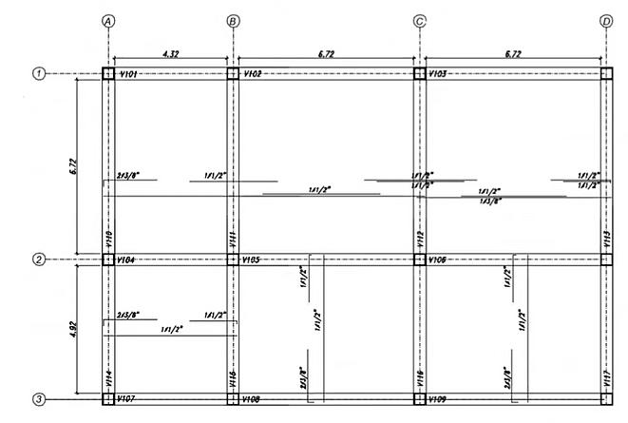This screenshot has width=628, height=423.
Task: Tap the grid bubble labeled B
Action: (x=232, y=20)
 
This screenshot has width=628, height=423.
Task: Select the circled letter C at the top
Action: (x=419, y=20)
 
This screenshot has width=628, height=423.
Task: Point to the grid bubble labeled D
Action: (x=606, y=20)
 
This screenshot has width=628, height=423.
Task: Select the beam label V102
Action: (x=252, y=73)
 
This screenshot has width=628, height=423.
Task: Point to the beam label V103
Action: (x=438, y=73)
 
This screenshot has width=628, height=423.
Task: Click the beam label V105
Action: (x=252, y=259)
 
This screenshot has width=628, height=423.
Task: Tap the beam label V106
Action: (x=438, y=259)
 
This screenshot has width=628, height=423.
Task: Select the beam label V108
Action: (x=252, y=399)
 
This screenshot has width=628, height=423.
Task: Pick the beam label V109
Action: (x=438, y=399)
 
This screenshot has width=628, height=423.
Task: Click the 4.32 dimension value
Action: (x=171, y=54)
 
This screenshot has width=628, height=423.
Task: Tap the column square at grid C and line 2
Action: (x=419, y=259)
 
